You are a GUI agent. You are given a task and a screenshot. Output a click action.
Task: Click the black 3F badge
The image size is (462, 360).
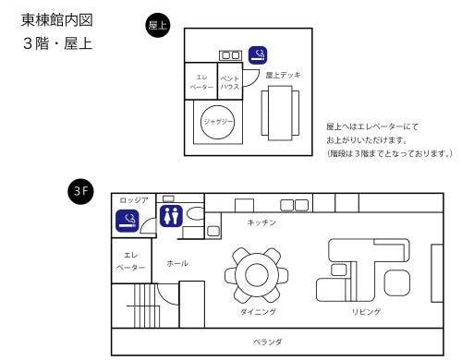[x=80, y=191]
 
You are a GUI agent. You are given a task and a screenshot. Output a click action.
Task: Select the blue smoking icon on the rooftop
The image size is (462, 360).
[x=258, y=54]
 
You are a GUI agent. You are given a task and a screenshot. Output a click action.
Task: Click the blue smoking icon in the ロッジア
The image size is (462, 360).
[x=127, y=220]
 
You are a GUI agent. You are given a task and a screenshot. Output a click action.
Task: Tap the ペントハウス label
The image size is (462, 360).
[x=229, y=81]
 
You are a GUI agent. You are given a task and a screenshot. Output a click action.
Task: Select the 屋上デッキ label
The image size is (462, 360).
[x=283, y=74]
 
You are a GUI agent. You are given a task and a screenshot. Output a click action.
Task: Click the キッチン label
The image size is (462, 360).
[x=261, y=223]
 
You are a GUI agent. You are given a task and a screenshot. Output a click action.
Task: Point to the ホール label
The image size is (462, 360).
[x=176, y=264]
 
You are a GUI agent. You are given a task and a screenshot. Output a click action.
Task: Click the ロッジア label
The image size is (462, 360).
[x=134, y=200]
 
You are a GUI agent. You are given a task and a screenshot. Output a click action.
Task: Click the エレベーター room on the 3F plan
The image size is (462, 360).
[x=130, y=260]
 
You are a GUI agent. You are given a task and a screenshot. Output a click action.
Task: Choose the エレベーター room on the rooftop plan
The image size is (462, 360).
[x=201, y=81]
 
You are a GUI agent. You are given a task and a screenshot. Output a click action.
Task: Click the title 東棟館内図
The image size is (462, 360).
[x=56, y=20]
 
